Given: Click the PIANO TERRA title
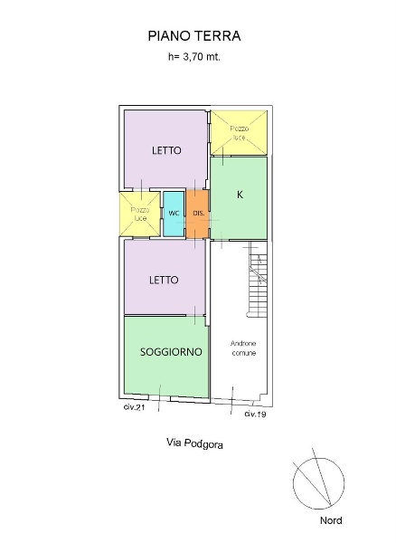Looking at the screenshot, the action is (x=194, y=36).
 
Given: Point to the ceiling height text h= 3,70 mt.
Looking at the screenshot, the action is (x=194, y=57).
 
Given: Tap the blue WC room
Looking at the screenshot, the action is (x=174, y=214).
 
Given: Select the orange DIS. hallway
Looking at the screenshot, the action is (x=198, y=214).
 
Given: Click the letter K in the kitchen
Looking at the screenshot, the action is (x=240, y=195).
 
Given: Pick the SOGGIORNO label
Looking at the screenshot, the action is (x=171, y=352).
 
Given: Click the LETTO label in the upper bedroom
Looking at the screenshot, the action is (x=166, y=150).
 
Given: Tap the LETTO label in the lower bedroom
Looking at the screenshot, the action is (x=164, y=280).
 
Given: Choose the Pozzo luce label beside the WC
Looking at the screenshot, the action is (x=140, y=214).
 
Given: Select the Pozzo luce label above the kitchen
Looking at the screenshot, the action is (x=240, y=133).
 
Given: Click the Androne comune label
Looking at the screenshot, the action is (x=243, y=348).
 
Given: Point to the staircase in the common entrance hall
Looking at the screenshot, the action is (x=258, y=285).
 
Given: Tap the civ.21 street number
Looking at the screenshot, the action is (x=134, y=407).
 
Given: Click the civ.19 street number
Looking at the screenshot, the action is (x=255, y=414).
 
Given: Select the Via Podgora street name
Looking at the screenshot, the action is (x=194, y=443).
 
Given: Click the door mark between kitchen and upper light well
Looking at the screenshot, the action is (x=222, y=157).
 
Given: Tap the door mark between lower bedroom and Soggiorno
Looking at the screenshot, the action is (x=195, y=315).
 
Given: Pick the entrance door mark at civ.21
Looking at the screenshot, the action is (x=159, y=398).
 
